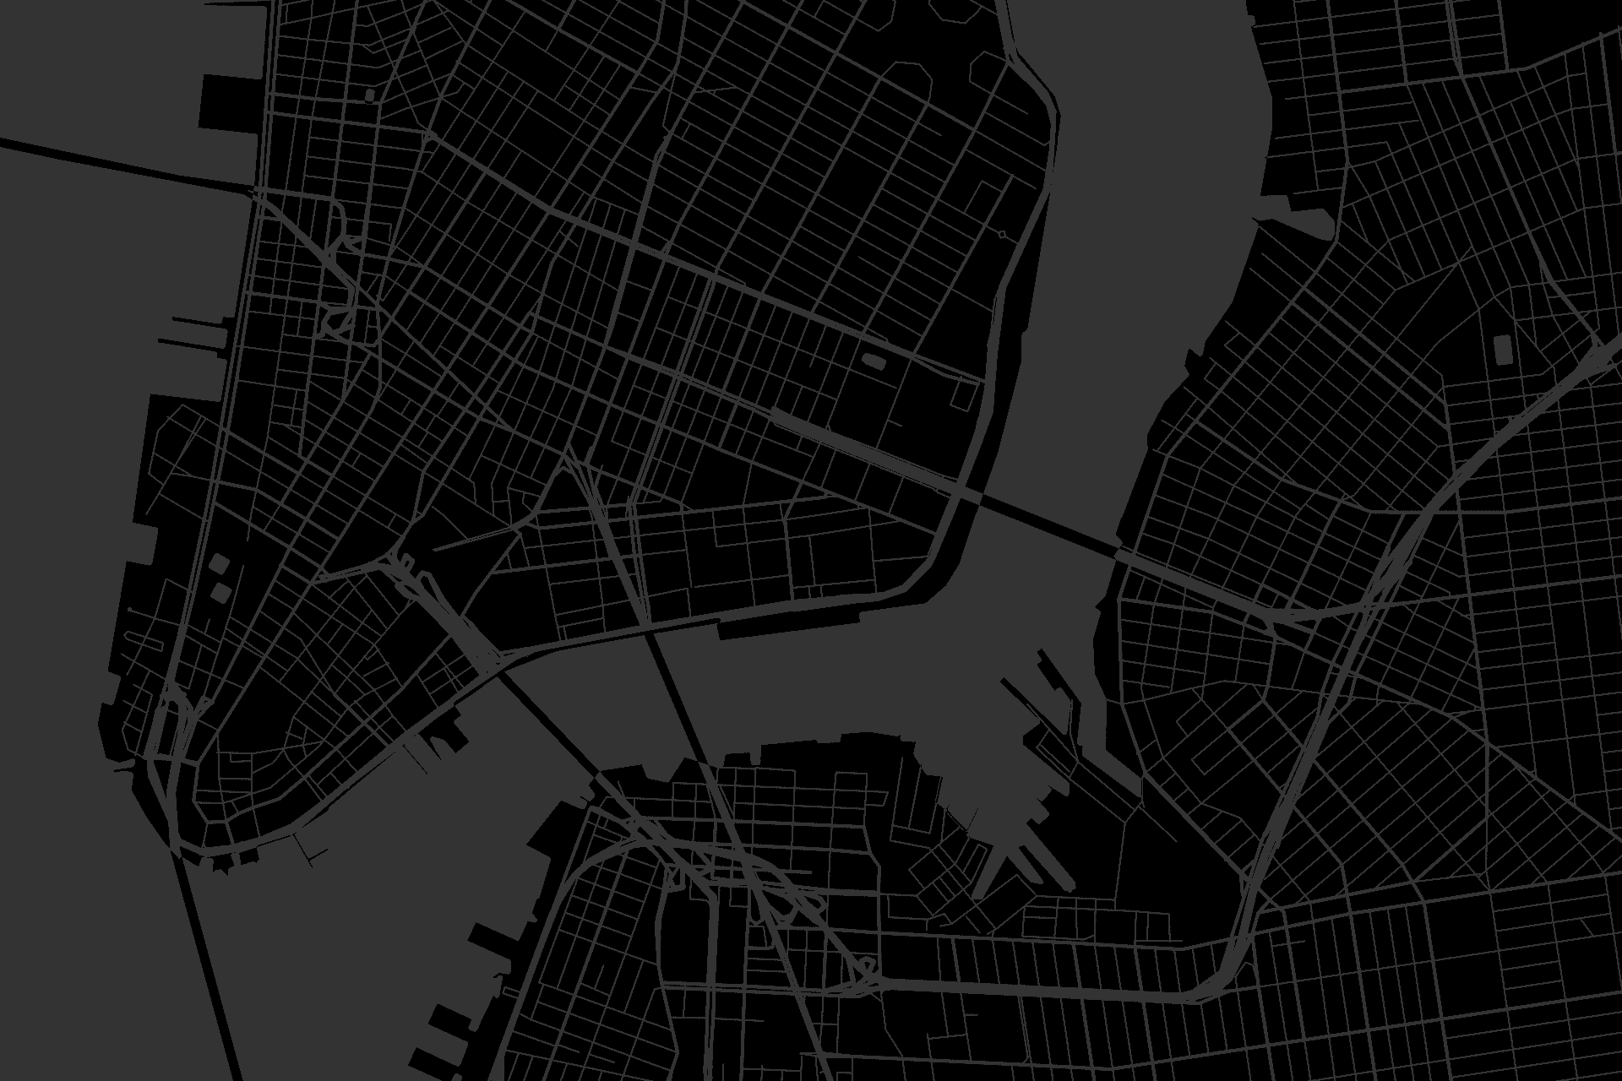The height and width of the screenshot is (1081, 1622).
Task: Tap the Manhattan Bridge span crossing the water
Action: (x=676, y=693)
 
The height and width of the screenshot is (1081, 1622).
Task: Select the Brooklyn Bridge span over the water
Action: (x=549, y=718)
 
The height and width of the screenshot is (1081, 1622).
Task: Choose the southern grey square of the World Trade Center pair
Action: (x=219, y=591)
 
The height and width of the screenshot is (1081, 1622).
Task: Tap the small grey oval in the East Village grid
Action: (x=872, y=362)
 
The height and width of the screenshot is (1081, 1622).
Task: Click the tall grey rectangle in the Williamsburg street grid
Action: (x=1503, y=348)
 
